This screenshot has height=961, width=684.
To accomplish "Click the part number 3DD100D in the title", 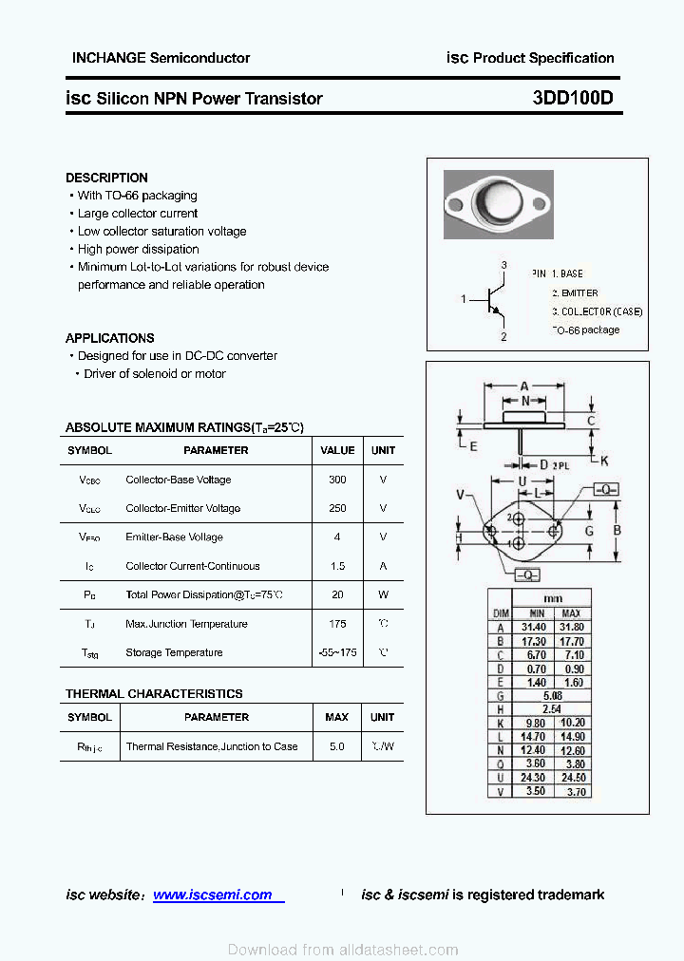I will [573, 98].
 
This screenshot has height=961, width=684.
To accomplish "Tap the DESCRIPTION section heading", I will [106, 178].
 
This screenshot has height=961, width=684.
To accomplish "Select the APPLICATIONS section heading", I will [109, 338].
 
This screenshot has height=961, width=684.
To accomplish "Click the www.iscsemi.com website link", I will [212, 895].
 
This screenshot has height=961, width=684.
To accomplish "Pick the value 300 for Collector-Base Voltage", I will [337, 480].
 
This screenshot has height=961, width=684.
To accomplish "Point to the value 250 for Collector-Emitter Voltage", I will [337, 508].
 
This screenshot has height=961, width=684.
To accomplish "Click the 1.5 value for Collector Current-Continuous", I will [337, 566].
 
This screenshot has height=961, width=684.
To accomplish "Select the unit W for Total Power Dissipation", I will [383, 594].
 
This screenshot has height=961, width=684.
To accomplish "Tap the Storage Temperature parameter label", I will [174, 652].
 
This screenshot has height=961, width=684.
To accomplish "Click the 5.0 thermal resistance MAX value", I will [336, 746].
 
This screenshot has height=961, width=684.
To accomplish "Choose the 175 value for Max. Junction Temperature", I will [337, 624].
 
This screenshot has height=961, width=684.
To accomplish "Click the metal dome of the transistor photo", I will [498, 202].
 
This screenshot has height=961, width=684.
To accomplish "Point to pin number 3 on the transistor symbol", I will [503, 265].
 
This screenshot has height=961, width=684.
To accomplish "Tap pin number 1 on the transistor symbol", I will [464, 300].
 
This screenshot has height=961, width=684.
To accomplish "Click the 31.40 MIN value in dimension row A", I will [534, 628].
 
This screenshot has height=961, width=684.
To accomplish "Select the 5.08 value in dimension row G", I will [553, 695].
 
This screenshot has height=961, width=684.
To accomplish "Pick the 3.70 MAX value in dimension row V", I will [573, 791].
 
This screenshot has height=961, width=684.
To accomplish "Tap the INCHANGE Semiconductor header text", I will [161, 58].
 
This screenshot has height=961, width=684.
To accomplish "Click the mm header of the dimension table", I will [553, 598].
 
